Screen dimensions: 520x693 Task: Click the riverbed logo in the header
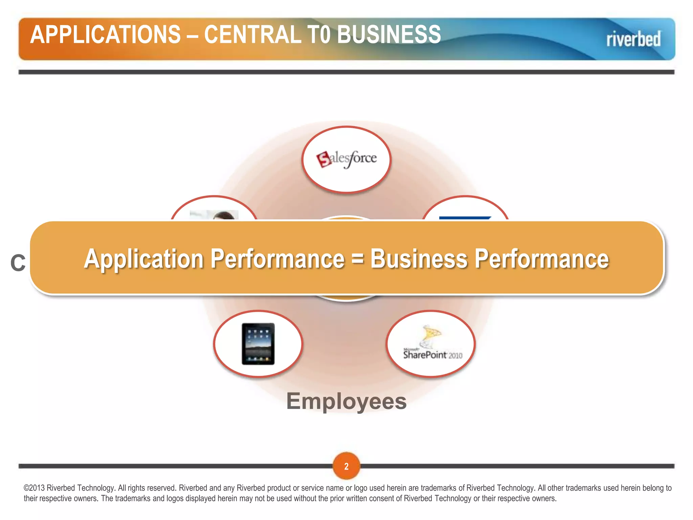633,39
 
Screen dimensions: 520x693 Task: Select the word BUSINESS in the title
389,35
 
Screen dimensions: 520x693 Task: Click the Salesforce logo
346,159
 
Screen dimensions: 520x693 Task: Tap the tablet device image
258,344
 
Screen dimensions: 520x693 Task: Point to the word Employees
346,401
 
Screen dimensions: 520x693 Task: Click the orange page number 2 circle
346,466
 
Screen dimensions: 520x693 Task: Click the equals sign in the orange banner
357,258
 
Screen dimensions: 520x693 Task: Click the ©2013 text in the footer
34,488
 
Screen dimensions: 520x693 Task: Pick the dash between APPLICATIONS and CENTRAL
193,35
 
